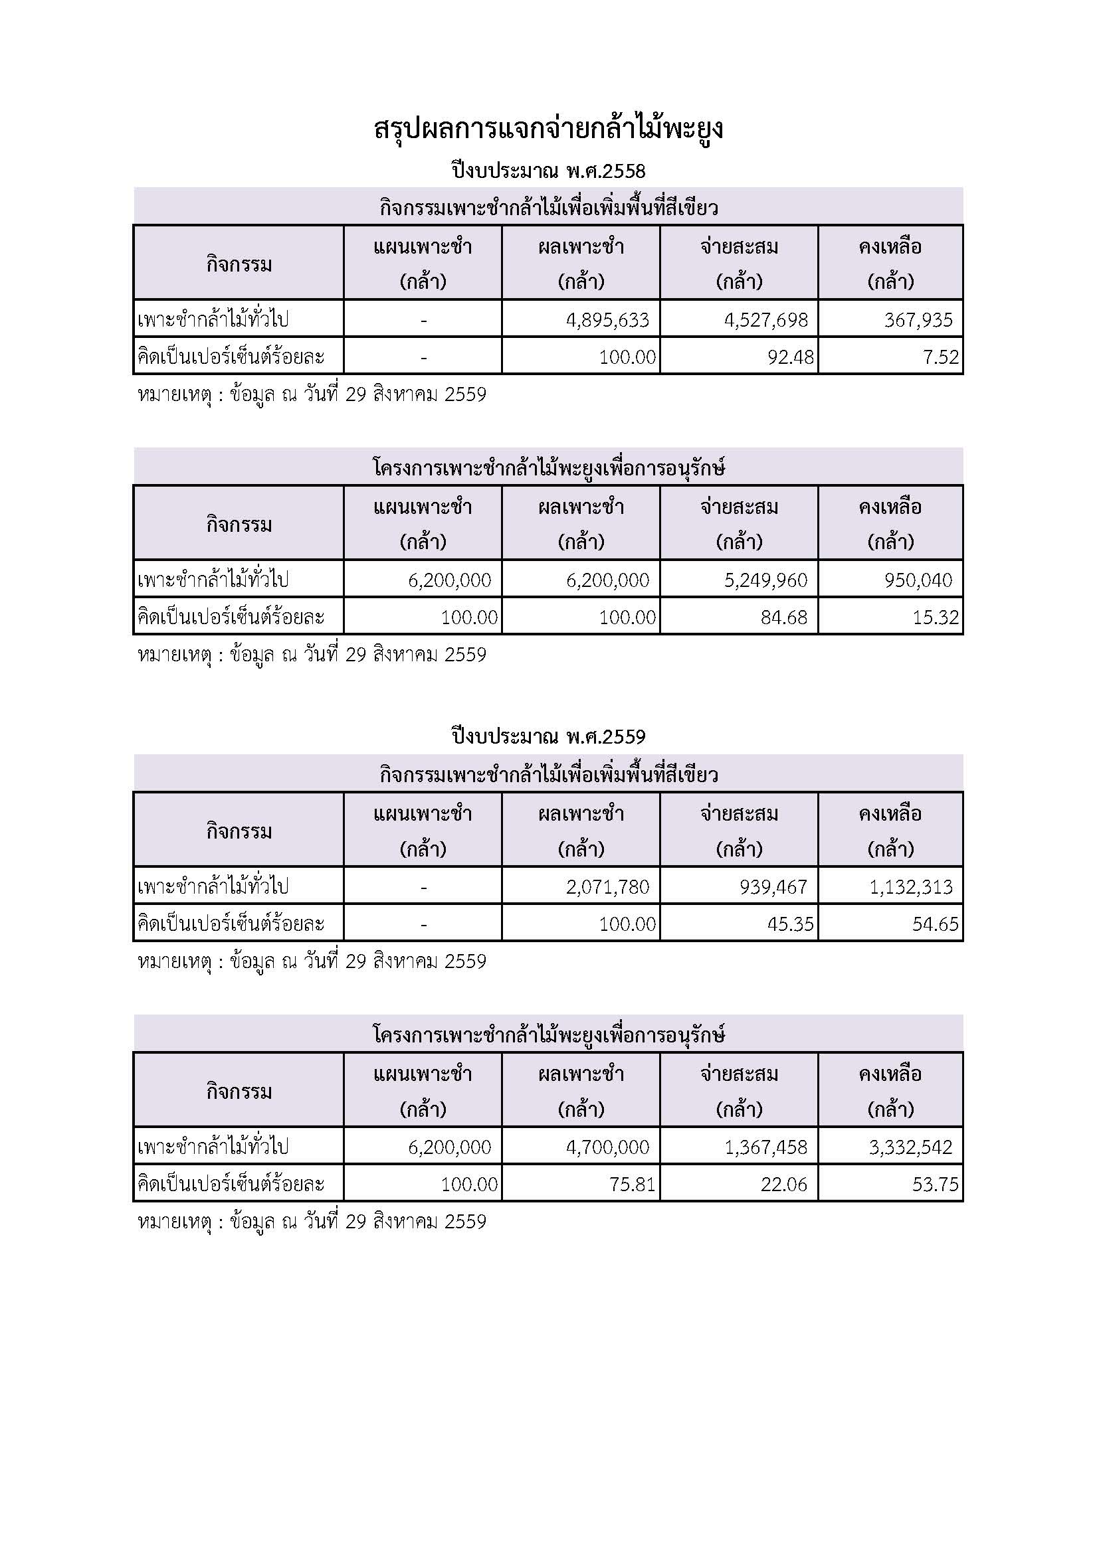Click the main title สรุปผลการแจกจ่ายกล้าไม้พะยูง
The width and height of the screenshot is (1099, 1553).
(x=549, y=129)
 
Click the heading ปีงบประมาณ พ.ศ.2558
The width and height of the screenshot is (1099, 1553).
(x=549, y=171)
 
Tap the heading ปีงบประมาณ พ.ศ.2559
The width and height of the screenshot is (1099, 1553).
(x=549, y=736)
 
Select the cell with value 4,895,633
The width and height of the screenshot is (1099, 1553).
(x=608, y=319)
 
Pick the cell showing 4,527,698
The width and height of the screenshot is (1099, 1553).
(x=766, y=319)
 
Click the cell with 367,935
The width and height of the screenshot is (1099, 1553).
(x=918, y=319)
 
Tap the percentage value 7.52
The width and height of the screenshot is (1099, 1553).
(x=942, y=357)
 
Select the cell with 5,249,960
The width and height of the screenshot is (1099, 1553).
(x=766, y=580)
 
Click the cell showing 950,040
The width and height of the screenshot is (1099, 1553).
(x=918, y=580)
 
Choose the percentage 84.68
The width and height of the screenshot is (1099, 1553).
(x=784, y=617)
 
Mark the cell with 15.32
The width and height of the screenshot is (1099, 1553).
(x=936, y=617)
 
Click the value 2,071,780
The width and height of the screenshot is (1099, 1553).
(x=608, y=886)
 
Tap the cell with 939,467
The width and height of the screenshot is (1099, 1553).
(x=773, y=886)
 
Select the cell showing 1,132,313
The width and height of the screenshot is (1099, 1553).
(x=911, y=886)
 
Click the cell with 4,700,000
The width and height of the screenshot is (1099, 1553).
(x=608, y=1147)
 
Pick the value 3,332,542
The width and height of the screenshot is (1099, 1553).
(x=911, y=1147)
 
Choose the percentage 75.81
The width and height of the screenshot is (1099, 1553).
(x=633, y=1184)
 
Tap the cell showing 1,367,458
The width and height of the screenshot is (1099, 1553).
(x=766, y=1147)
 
